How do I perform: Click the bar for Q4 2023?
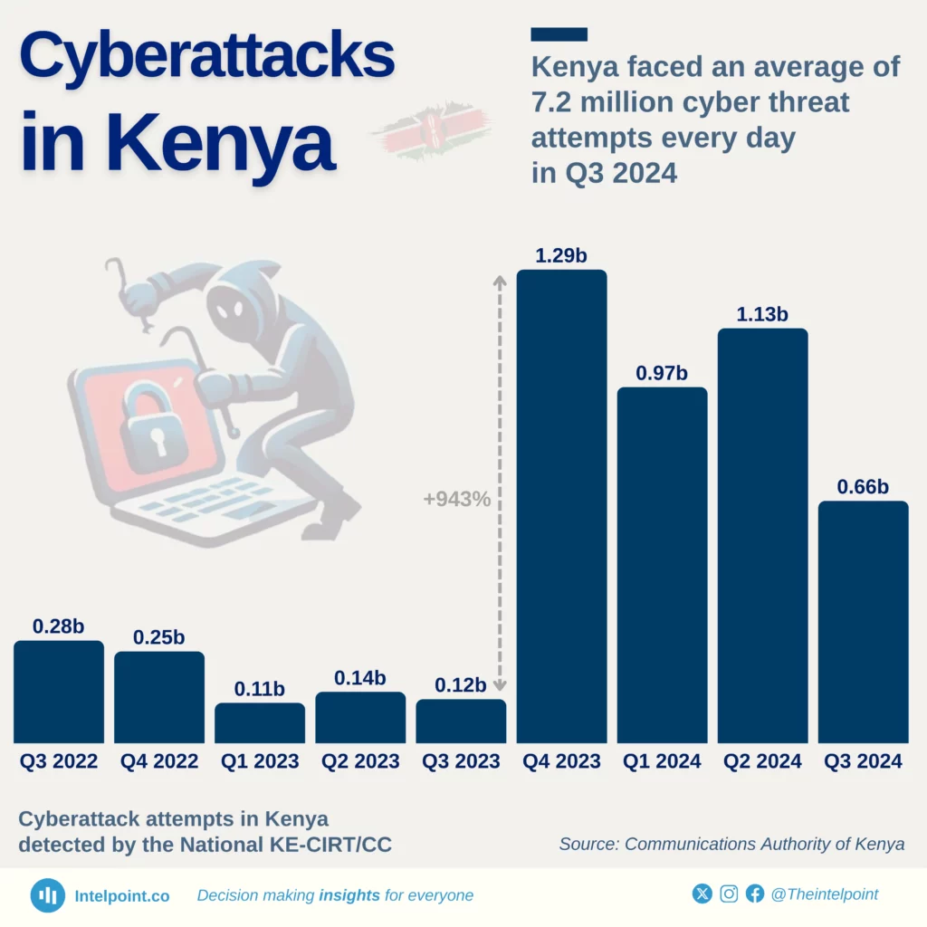click(x=561, y=507)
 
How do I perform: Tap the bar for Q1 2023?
click(x=260, y=723)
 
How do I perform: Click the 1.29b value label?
click(x=561, y=256)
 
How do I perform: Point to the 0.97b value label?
click(x=662, y=373)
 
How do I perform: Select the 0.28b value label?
click(x=59, y=626)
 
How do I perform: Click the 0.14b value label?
click(x=360, y=678)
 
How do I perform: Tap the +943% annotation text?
click(x=456, y=499)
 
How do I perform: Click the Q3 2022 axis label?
click(x=59, y=761)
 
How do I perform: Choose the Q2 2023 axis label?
click(x=360, y=761)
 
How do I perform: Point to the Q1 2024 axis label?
click(x=662, y=761)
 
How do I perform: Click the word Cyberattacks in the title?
click(x=207, y=56)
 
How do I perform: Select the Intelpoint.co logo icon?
click(x=47, y=895)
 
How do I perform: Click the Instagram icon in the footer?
click(x=729, y=894)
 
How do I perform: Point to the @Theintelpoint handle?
click(x=824, y=894)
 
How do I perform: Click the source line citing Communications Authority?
click(x=731, y=844)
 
